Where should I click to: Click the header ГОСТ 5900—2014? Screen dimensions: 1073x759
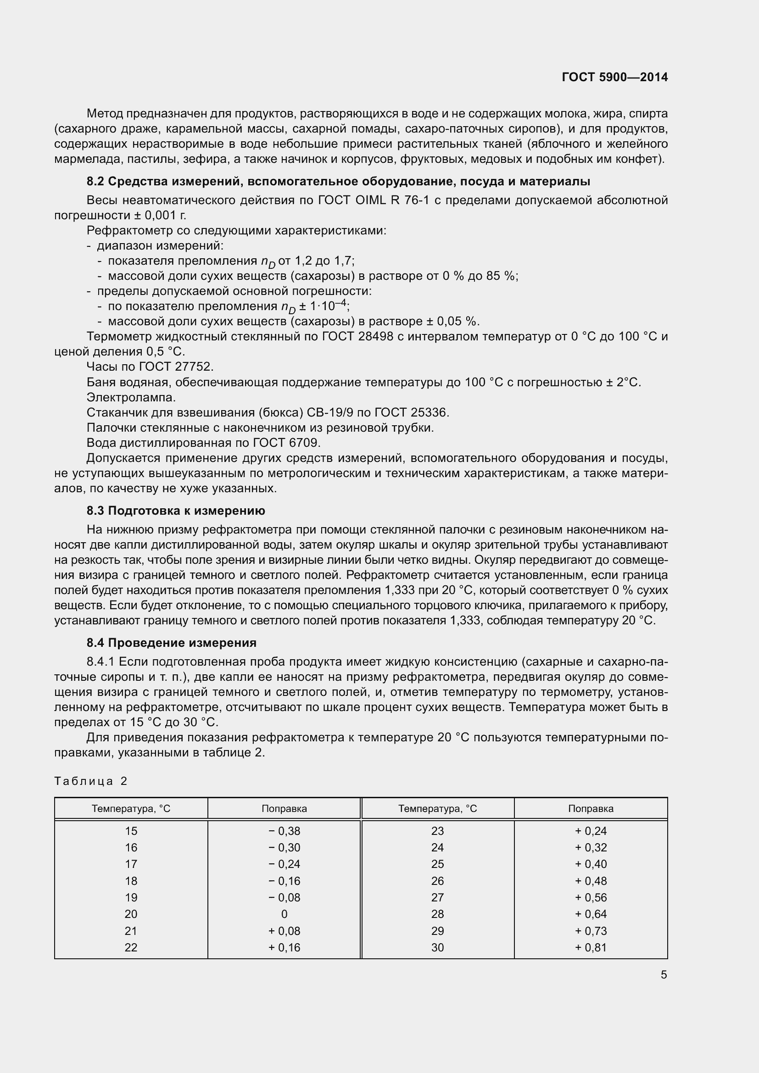coord(614,77)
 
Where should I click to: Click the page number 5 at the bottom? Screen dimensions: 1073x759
coord(664,974)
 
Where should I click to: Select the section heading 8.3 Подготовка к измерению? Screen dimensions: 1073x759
coord(176,510)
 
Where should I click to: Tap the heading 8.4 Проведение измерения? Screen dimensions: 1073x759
coord(172,643)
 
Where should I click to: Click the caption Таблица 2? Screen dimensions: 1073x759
coord(91,781)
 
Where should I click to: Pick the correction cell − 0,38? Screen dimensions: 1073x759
coord(284,831)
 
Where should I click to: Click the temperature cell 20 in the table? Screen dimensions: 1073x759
coord(131,914)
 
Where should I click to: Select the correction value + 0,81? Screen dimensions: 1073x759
coord(591,947)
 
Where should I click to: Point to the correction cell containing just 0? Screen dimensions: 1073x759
coord(284,914)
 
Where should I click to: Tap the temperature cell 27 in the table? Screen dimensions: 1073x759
coord(437,897)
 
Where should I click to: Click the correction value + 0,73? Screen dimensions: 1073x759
coord(591,930)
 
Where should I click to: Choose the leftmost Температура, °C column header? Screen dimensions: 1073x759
coord(131,808)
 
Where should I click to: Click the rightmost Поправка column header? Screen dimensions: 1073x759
coord(591,808)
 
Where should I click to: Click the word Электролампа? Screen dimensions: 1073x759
coord(131,397)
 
